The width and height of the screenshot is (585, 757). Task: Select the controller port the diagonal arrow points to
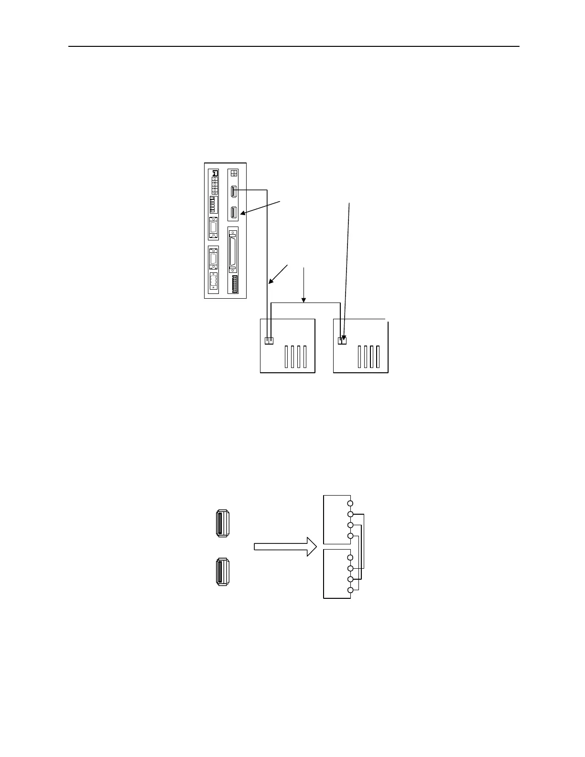click(234, 213)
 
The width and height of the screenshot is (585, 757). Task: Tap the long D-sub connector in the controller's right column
click(233, 250)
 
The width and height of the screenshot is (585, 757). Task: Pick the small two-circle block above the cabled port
click(233, 173)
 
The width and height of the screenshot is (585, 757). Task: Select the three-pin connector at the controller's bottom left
click(213, 281)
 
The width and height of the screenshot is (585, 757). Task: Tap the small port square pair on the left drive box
click(269, 341)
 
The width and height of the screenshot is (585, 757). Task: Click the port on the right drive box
click(342, 341)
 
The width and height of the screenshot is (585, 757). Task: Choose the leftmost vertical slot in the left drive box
click(286, 357)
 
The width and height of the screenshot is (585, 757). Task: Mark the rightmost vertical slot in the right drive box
click(377, 357)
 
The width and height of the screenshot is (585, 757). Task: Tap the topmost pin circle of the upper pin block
click(350, 504)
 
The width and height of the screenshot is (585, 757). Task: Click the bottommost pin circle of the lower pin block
click(350, 590)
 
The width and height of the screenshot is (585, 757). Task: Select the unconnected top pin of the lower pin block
click(350, 558)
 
